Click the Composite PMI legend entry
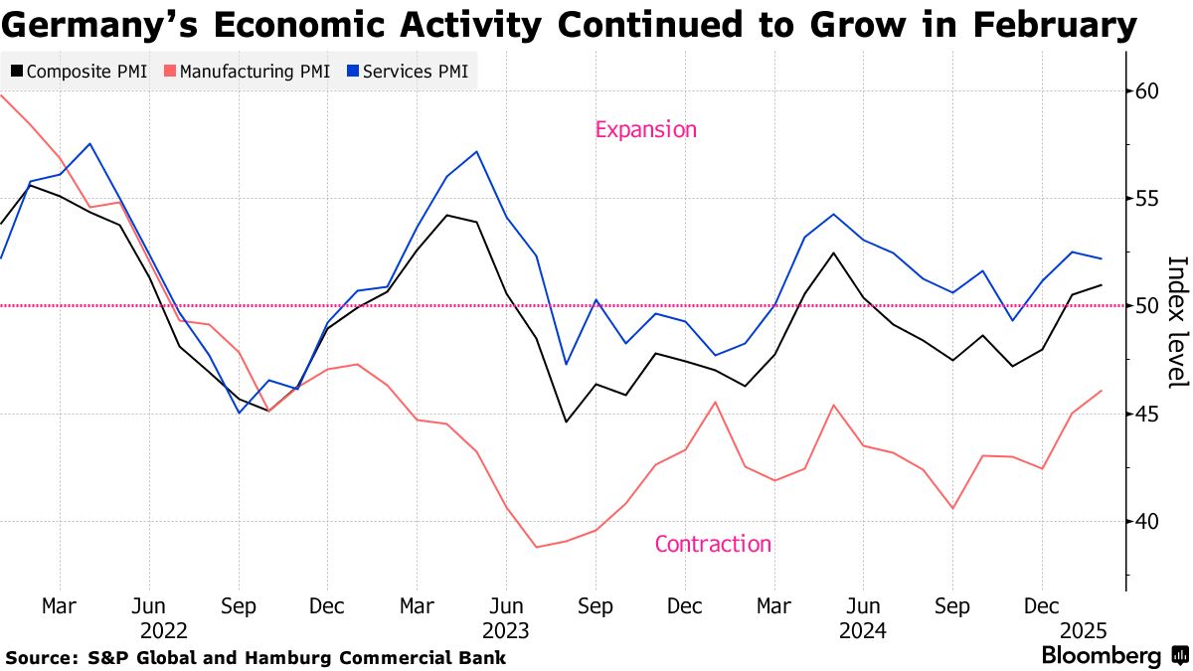tap(80, 72)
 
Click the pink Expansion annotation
tap(646, 129)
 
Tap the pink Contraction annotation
tap(713, 544)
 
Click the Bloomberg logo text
tap(1101, 656)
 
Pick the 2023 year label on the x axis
tap(505, 630)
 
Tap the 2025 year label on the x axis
tap(1085, 630)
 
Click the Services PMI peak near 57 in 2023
tap(477, 152)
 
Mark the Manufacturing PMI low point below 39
tap(536, 547)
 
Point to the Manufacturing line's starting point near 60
tap(2, 95)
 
